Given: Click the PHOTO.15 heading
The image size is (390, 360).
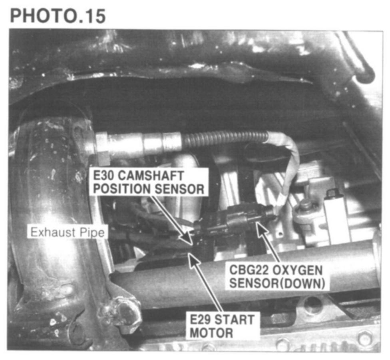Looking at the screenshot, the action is point(58,16).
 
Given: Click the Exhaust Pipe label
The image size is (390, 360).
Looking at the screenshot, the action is point(68,232).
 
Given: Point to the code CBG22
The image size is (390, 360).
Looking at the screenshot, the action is point(245,270).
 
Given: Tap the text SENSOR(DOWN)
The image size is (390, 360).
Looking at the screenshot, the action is point(277,283).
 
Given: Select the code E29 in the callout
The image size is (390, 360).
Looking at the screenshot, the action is point(200,320).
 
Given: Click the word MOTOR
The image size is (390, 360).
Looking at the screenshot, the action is point(211,333).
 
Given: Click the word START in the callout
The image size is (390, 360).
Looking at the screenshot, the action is point(234,320).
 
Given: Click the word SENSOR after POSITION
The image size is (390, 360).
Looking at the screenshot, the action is point(179,189).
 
